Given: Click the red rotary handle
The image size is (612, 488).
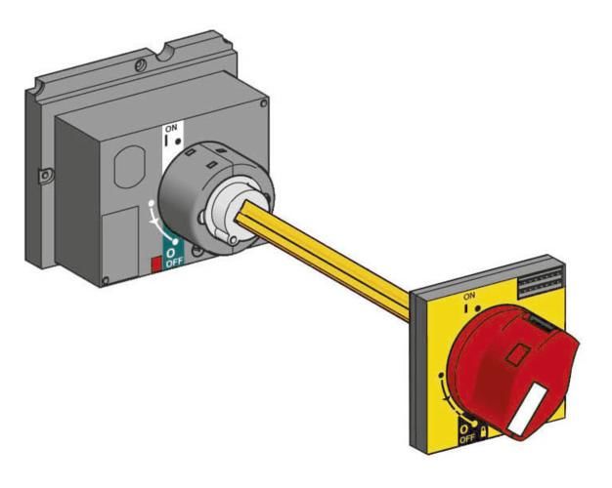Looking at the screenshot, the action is click(511, 370).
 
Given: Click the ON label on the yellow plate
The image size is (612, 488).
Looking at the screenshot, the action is click(469, 296).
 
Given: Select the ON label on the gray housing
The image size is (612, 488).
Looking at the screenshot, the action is click(171, 128).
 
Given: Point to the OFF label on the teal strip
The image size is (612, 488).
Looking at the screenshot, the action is click(174, 263).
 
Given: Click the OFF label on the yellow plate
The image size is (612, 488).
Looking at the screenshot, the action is click(466, 439).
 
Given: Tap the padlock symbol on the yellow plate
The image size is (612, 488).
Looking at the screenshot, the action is click(483, 431).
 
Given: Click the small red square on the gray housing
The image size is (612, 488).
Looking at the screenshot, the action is click(156, 264).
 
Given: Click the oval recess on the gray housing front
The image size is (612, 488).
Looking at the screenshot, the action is click(130, 167).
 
